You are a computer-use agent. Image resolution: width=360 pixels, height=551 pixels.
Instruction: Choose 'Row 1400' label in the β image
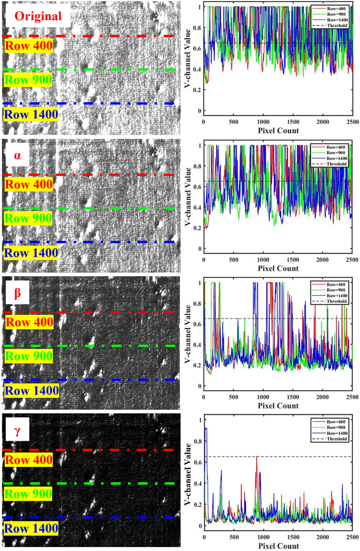31,390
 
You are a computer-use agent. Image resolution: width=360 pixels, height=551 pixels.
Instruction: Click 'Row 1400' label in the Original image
31,114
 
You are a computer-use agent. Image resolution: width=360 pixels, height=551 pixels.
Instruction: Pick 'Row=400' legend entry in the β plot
336,285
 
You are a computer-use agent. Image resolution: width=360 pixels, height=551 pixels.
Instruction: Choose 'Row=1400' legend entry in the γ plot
336,434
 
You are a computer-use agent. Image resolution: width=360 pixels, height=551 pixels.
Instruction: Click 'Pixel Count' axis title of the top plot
278,131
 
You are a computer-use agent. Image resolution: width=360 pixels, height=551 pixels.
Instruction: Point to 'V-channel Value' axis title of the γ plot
189,473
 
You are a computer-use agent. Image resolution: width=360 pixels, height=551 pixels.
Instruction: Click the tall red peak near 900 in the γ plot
257,457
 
